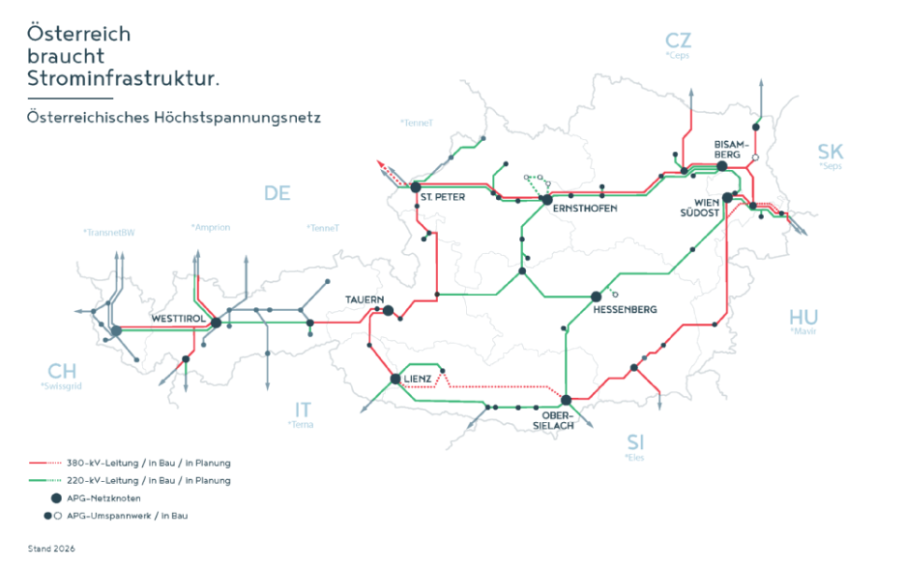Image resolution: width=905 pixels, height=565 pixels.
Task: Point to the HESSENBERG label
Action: tap(625, 309)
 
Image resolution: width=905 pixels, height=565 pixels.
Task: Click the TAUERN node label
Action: tap(365, 300)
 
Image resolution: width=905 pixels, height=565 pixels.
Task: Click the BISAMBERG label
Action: tap(727, 147)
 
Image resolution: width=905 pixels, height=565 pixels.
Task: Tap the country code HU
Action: tap(803, 318)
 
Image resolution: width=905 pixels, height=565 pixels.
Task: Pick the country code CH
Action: tap(61, 372)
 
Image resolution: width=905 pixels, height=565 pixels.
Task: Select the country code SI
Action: tap(635, 442)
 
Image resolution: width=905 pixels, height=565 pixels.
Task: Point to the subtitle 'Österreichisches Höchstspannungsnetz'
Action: tap(173, 117)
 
